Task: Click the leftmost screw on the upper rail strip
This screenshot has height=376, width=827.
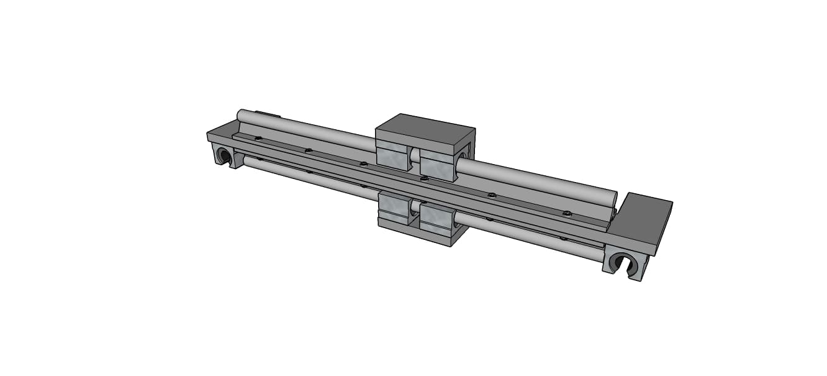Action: pyautogui.click(x=258, y=138)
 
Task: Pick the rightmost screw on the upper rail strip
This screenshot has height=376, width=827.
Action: pyautogui.click(x=566, y=213)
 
